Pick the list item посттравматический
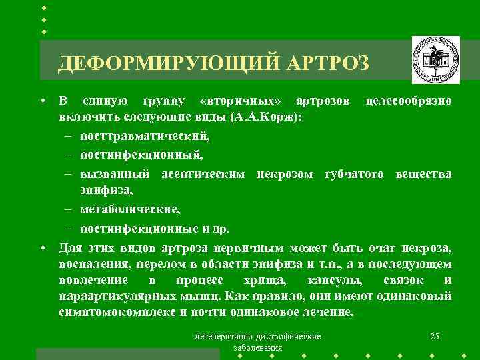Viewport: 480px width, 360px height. [144, 137]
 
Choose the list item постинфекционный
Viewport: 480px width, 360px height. [141, 155]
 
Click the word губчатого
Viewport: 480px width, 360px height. [357, 174]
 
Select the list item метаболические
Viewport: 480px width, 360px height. [129, 209]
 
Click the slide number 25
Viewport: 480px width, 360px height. [435, 335]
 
